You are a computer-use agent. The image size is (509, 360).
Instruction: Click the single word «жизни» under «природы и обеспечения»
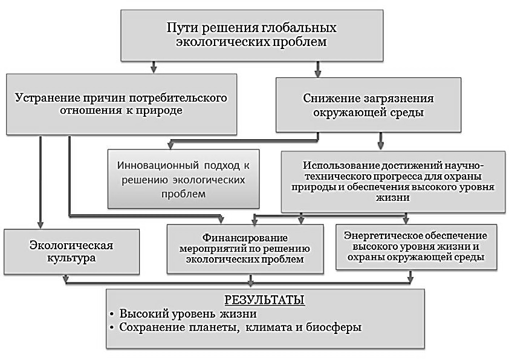point(393,197)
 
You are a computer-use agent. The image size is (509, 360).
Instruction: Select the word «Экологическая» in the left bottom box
point(71,245)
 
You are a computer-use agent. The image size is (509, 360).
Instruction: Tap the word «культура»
point(71,258)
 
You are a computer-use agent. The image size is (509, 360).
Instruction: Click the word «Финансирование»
point(245,238)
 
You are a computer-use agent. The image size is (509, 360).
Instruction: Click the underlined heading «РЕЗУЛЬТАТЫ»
point(265,300)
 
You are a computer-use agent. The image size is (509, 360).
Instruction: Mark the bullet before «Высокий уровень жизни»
point(112,315)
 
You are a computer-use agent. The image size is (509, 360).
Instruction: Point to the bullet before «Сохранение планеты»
point(112,328)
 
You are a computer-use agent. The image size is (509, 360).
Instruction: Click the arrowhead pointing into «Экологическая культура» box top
point(41,225)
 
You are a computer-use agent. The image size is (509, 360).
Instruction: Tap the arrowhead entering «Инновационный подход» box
point(170,145)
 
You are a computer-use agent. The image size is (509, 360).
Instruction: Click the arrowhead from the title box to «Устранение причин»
point(154,70)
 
